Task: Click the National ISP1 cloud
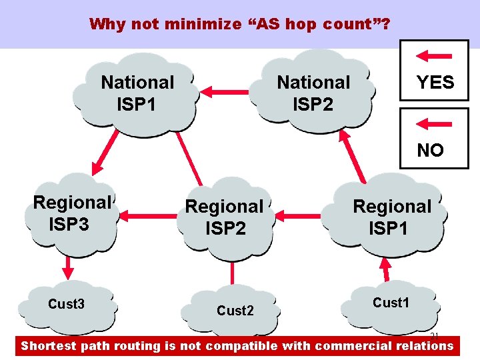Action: point(137,93)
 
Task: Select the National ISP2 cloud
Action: point(313,93)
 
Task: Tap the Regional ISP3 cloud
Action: point(72,213)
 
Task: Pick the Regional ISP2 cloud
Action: point(224,217)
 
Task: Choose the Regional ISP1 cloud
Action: point(392,217)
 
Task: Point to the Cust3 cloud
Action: point(66,305)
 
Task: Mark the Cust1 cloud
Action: point(391,303)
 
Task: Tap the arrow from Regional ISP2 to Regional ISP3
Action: point(144,215)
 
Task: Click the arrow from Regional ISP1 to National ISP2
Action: point(353,154)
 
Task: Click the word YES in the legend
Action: point(435,83)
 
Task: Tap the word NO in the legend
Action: point(430,151)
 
